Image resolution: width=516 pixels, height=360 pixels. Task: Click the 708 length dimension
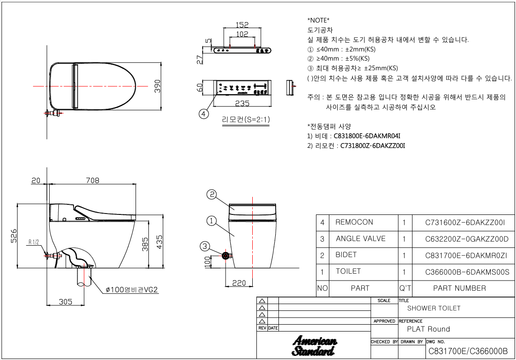coord(92,180)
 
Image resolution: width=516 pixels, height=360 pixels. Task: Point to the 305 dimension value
coord(66,301)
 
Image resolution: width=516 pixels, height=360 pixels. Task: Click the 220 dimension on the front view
coord(239,283)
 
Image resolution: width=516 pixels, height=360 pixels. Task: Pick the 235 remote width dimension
coord(243,103)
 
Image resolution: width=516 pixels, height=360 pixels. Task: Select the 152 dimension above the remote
coord(242,25)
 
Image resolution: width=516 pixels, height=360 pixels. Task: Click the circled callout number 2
coord(211,195)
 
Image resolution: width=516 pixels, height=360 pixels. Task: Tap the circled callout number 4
coord(204,112)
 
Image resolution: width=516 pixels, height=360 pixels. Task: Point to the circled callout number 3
coord(205,246)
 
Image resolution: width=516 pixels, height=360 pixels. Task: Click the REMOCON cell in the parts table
coord(354,222)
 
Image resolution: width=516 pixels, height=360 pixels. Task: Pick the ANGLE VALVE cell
coord(361,239)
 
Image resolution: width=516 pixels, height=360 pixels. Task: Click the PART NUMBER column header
coord(459,288)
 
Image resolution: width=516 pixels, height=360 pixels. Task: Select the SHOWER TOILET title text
coord(433,308)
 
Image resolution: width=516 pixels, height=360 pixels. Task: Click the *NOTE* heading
coord(318,21)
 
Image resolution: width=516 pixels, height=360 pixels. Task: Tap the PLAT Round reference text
coord(428,329)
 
